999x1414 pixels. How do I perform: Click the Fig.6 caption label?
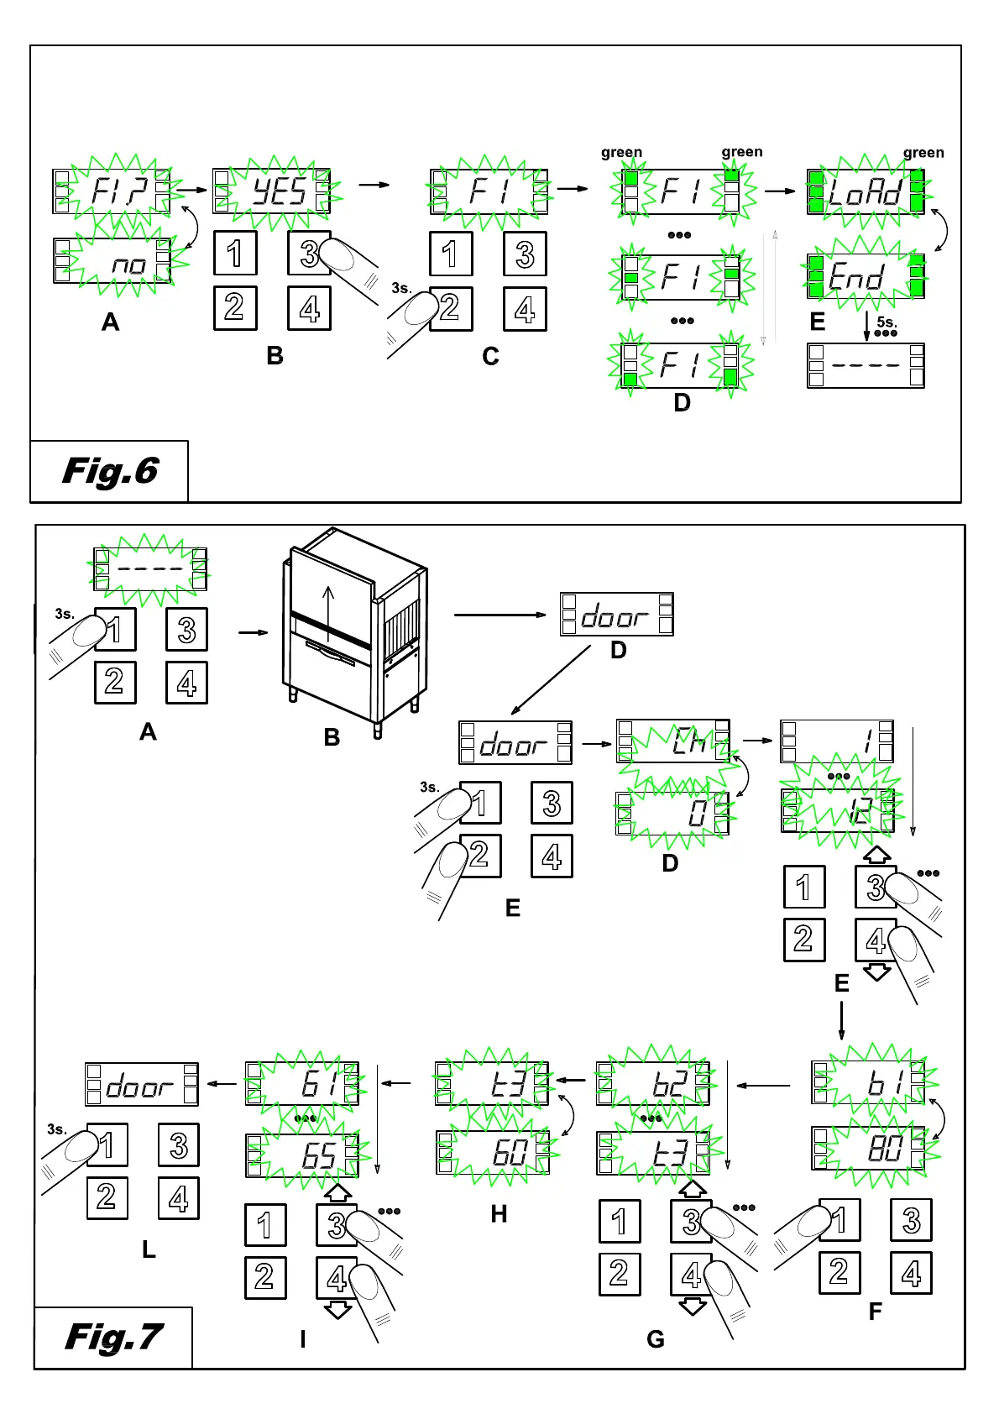pyautogui.click(x=110, y=471)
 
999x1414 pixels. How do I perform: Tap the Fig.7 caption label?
pyautogui.click(x=113, y=1337)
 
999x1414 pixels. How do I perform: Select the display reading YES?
pyautogui.click(x=272, y=191)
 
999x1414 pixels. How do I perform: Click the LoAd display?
pyautogui.click(x=866, y=192)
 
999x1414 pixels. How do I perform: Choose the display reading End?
pyautogui.click(x=866, y=277)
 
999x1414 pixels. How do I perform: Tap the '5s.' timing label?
pyautogui.click(x=887, y=322)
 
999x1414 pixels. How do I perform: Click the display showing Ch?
pyautogui.click(x=673, y=741)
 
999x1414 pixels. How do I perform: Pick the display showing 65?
pyautogui.click(x=302, y=1155)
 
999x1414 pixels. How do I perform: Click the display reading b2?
pyautogui.click(x=652, y=1084)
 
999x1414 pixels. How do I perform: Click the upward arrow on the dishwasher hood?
pyautogui.click(x=328, y=603)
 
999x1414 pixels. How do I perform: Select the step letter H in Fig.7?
pyautogui.click(x=499, y=1214)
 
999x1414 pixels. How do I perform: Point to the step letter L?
pyautogui.click(x=149, y=1249)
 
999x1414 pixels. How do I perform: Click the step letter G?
pyautogui.click(x=656, y=1339)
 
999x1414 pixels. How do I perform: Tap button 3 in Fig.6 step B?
pyautogui.click(x=310, y=253)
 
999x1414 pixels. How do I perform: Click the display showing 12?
pyautogui.click(x=837, y=811)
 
